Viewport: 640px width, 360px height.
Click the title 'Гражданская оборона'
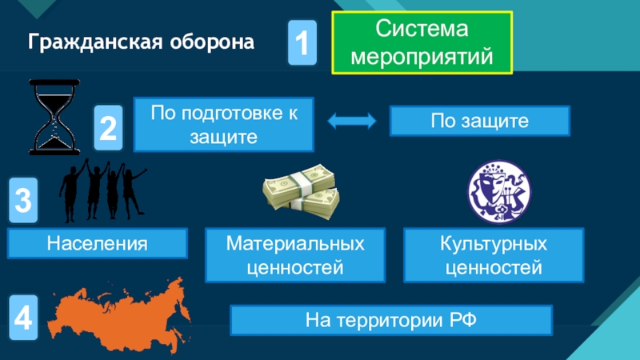142,42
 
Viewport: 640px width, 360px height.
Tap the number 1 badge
302,44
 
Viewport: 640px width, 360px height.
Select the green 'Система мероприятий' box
422,44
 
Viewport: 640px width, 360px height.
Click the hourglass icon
54,117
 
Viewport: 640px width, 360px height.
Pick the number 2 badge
109,128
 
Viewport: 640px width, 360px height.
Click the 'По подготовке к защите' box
223,124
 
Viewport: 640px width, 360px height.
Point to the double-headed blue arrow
352,122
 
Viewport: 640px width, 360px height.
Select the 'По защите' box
479,122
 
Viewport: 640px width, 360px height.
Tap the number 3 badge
24,200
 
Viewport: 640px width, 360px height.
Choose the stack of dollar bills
301,192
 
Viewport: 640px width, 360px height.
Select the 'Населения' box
97,242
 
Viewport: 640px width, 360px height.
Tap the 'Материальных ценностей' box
295,254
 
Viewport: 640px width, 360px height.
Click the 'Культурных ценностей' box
494,254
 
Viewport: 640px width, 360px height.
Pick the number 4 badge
24,317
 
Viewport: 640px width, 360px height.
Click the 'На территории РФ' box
391,321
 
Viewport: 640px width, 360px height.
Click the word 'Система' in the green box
422,31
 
